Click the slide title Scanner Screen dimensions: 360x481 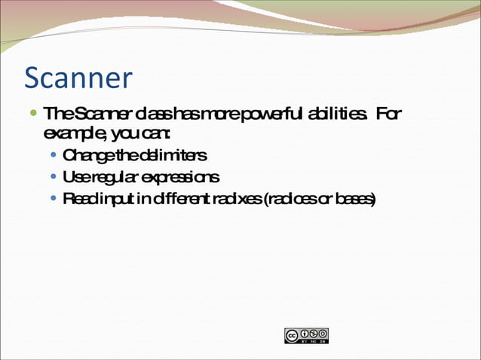tap(78, 78)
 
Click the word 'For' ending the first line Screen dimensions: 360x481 tap(388, 114)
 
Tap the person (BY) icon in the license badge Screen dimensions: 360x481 tap(306, 333)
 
